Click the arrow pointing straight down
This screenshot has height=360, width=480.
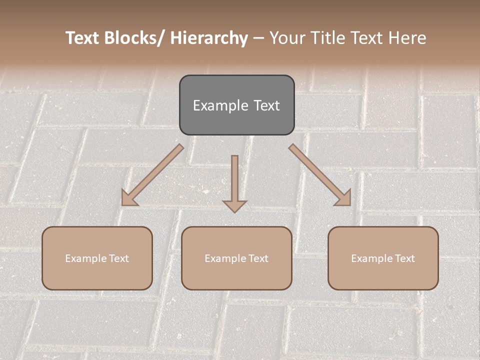(234, 180)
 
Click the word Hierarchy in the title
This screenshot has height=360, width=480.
(209, 38)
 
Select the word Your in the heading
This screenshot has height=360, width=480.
(287, 38)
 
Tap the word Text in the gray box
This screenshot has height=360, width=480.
(266, 105)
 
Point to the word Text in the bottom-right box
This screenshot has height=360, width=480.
(404, 258)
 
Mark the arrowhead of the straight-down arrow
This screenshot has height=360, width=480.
(234, 205)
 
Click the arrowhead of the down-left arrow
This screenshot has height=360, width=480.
(128, 199)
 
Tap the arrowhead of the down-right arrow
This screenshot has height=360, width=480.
(344, 199)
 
